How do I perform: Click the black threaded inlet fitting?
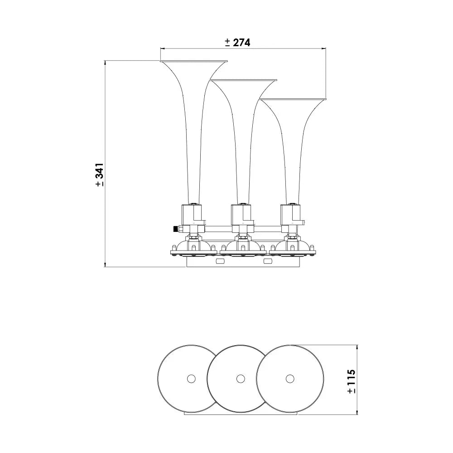click(175, 229)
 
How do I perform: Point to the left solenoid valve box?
click(193, 215)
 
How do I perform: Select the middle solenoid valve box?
click(242, 215)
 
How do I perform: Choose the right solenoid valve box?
click(292, 215)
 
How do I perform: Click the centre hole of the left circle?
click(191, 379)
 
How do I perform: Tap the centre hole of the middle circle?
click(241, 379)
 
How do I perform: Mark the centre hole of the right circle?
click(290, 379)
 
